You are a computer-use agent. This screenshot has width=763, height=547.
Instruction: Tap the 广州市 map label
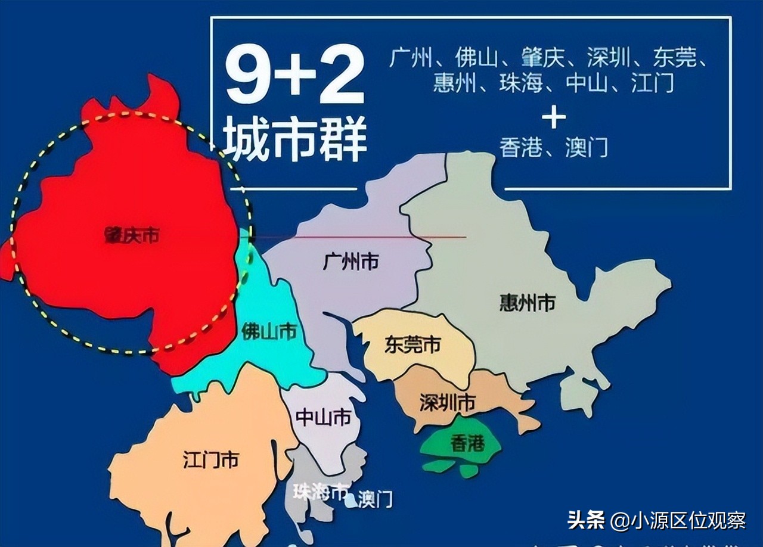pos(351,261)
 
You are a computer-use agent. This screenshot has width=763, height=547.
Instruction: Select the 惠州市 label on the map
pos(527,303)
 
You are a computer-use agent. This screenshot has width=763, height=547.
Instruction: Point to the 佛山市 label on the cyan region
pos(269,331)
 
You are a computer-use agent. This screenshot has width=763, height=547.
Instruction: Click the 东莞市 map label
pos(412,345)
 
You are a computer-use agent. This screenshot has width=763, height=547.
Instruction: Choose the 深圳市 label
pos(447,403)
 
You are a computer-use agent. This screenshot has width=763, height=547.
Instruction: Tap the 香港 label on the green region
pos(467,443)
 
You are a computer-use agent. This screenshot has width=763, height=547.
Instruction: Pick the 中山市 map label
pos(323,418)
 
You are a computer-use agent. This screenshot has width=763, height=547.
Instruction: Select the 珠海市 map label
pos(321,492)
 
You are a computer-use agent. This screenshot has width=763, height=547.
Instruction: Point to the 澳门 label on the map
pos(376,499)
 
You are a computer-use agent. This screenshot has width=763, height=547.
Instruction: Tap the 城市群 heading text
pos(296,141)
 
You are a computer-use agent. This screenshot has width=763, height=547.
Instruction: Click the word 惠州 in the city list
pos(454,83)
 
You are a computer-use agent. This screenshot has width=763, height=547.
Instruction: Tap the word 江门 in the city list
pos(653,83)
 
